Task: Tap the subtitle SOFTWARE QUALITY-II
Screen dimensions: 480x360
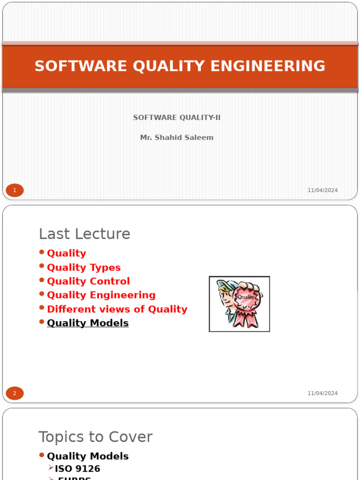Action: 177,118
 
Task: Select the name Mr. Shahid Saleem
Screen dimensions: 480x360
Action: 177,137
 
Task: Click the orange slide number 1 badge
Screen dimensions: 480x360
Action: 15,190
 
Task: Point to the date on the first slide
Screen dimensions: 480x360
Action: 322,190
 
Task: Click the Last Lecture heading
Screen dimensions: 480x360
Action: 84,234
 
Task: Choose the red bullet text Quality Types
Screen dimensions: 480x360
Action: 83,268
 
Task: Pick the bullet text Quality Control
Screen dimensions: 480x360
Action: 88,281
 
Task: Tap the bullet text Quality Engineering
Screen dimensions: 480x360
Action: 101,295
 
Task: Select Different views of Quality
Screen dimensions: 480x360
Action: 117,309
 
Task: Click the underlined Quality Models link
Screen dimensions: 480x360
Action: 88,323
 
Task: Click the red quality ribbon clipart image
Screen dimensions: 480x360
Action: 239,304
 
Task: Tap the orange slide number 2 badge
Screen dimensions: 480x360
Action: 15,393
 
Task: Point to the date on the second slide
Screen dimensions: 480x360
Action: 322,393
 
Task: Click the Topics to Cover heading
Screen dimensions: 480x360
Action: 95,437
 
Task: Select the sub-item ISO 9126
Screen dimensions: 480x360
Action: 77,469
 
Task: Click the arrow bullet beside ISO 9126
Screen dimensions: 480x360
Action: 51,468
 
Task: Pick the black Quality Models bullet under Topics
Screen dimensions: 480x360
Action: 88,456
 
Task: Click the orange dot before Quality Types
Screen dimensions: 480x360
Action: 42,266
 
